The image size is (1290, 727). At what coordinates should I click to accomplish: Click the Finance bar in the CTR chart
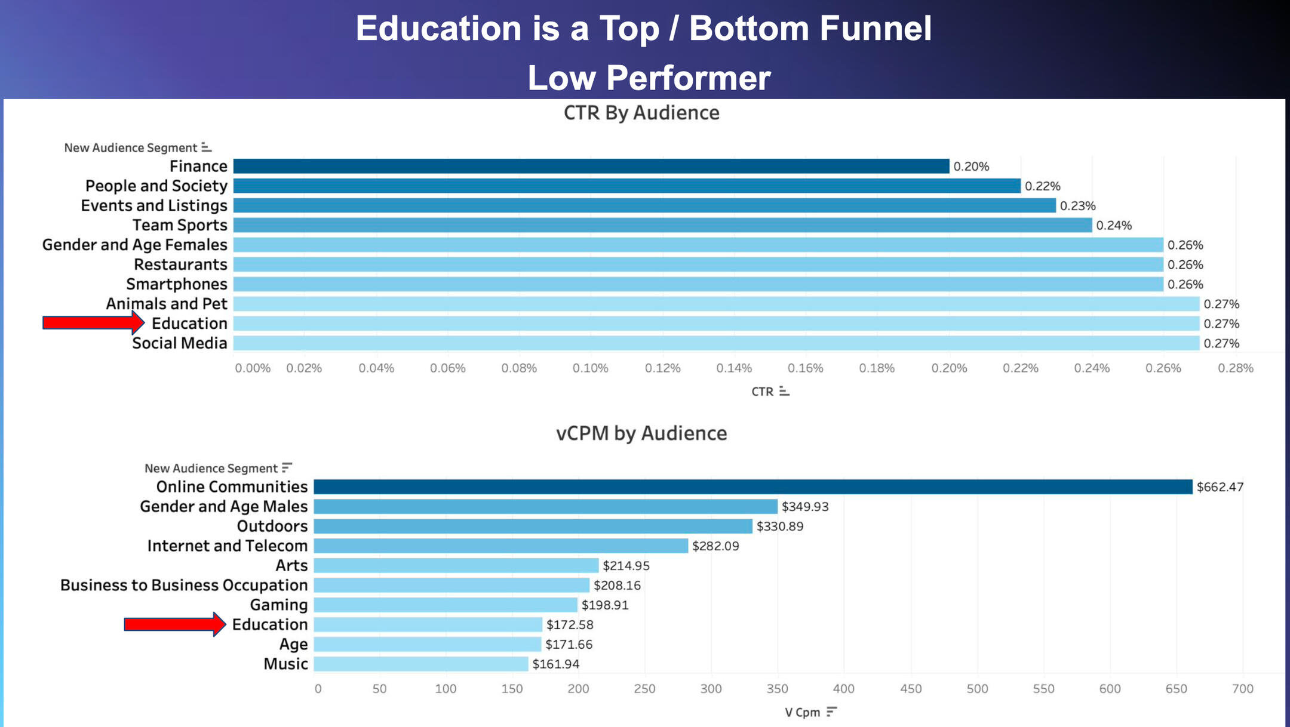coord(591,166)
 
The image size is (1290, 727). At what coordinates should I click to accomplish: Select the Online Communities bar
coord(752,487)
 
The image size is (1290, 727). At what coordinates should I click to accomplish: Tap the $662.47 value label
coord(1220,487)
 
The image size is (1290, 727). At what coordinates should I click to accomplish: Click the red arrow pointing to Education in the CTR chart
coord(93,323)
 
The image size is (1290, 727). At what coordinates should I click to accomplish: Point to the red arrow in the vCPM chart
coord(174,624)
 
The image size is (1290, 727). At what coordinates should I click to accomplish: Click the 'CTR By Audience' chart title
coord(641,113)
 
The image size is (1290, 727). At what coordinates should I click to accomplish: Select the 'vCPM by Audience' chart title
coord(641,433)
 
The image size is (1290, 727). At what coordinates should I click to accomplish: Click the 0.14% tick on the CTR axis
coord(734,368)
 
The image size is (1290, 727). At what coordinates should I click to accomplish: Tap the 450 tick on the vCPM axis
coord(911,689)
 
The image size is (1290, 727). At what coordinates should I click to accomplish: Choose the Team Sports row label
coord(180,225)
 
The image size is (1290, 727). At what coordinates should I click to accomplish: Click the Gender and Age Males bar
coord(545,507)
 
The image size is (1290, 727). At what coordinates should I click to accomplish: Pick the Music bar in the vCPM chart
coord(421,664)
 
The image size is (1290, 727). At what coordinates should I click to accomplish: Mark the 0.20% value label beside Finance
coord(971,167)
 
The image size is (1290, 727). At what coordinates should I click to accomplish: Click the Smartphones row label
coord(177,284)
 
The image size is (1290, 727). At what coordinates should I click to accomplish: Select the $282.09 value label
coord(715,546)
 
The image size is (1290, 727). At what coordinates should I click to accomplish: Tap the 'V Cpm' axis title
coord(802,712)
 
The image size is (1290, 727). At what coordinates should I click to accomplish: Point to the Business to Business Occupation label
coord(184,585)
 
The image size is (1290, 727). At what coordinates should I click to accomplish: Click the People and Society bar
coord(627,186)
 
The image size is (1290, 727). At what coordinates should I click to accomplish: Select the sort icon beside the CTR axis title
coord(784,392)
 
